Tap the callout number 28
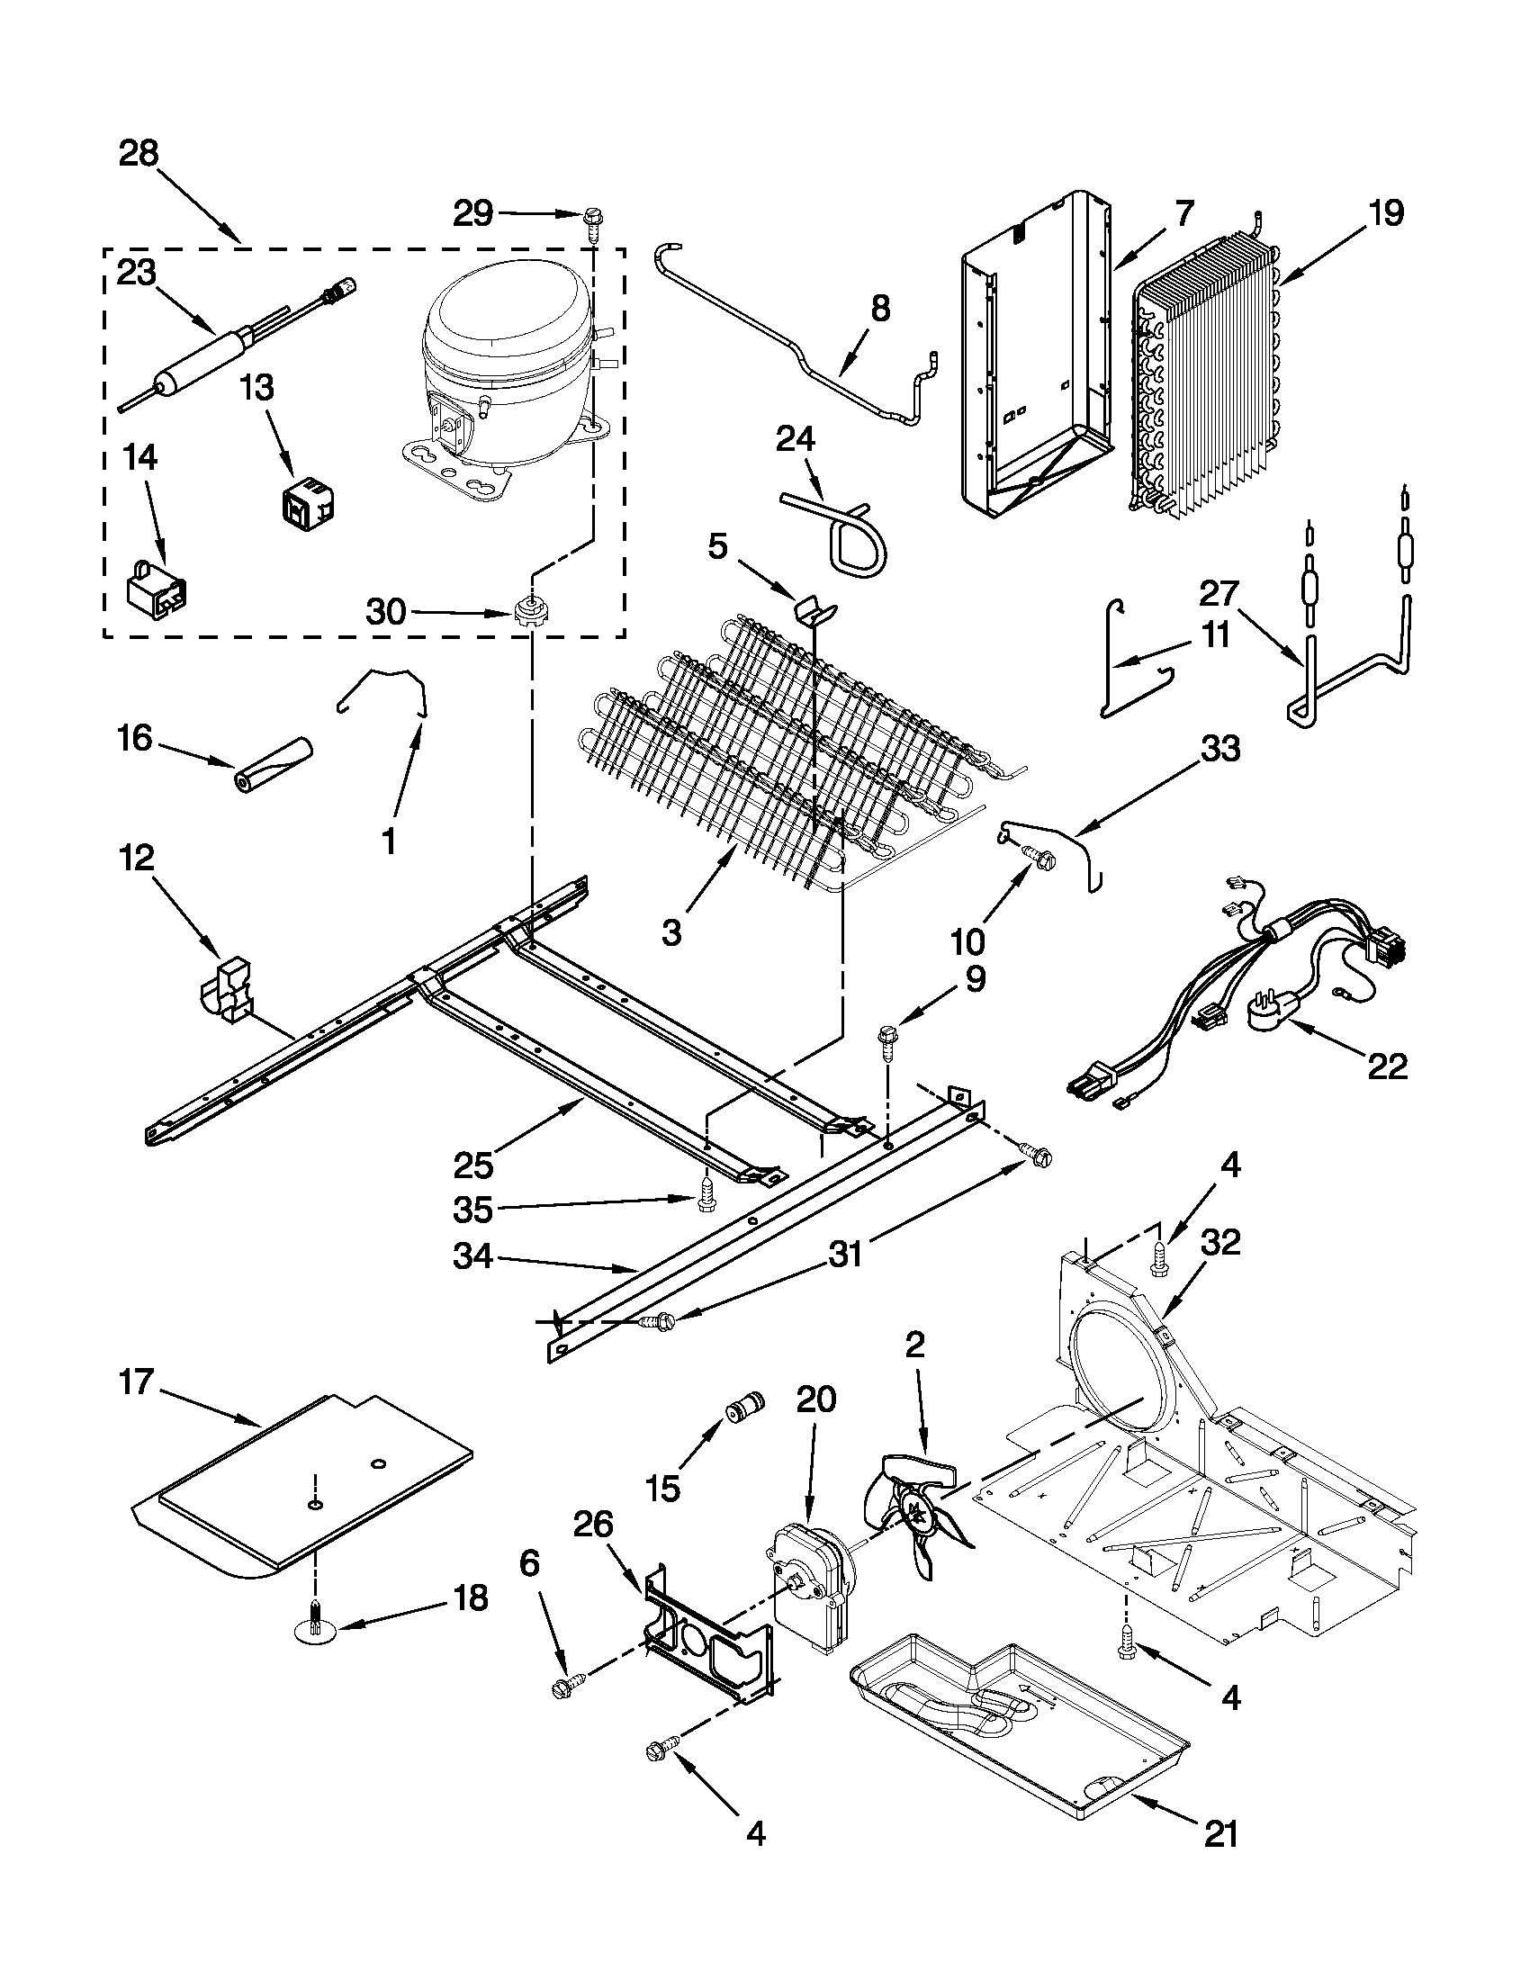139,154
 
